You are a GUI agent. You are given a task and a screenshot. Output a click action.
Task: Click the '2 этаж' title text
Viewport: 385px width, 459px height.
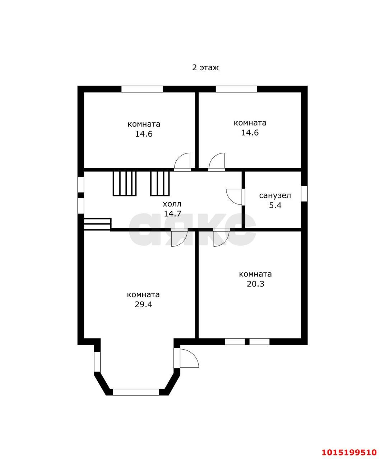click(205, 67)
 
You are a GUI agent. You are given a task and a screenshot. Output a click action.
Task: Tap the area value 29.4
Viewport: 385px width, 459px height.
click(143, 304)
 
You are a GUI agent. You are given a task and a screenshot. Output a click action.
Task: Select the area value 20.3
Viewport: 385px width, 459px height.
click(255, 284)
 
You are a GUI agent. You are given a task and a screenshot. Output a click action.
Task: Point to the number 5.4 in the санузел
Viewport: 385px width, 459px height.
click(275, 205)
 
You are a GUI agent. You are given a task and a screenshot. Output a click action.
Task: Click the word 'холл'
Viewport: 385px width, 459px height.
click(172, 204)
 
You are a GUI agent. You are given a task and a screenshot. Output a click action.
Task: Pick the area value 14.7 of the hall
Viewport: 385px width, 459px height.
click(172, 213)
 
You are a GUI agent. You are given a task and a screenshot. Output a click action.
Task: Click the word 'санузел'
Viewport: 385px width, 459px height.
click(275, 196)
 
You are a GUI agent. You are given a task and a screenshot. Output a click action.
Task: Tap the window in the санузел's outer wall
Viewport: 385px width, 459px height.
click(304, 193)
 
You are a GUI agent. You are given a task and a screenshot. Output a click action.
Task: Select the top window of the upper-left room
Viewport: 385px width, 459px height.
click(142, 89)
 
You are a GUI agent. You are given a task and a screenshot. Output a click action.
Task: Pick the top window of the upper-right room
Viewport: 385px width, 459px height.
click(236, 89)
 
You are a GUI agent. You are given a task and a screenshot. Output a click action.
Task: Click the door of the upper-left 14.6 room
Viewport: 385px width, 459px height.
click(182, 162)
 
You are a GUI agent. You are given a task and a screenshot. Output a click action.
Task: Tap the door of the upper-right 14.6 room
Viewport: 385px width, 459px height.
click(217, 162)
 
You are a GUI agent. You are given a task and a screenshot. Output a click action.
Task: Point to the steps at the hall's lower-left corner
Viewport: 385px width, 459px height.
click(97, 224)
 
